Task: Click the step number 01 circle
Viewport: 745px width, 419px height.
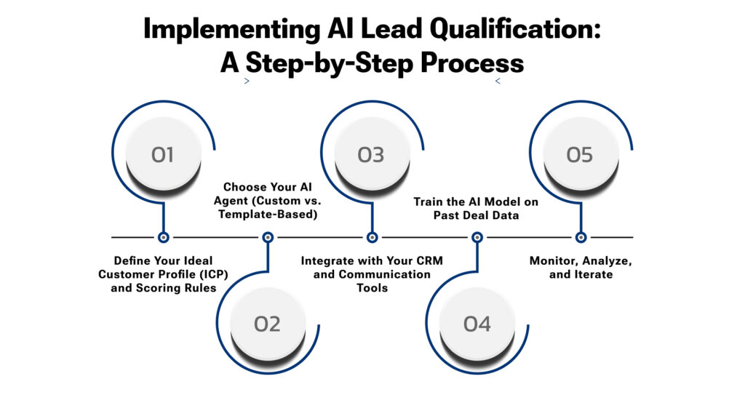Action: click(x=163, y=154)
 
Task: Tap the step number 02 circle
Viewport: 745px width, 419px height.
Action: click(x=267, y=323)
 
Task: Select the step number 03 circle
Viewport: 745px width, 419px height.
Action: click(x=370, y=154)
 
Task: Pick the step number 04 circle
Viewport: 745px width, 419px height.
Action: click(x=477, y=323)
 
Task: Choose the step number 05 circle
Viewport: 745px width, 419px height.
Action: click(x=580, y=154)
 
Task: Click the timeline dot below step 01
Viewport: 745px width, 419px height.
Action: click(x=163, y=237)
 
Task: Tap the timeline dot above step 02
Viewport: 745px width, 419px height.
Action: click(x=268, y=237)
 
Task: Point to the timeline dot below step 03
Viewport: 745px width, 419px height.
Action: click(x=372, y=237)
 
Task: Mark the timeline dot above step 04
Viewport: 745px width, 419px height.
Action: click(x=477, y=237)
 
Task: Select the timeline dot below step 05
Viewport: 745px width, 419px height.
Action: click(x=581, y=237)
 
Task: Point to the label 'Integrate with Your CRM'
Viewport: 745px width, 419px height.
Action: click(x=372, y=260)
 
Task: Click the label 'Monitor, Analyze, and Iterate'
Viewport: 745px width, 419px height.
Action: click(x=581, y=267)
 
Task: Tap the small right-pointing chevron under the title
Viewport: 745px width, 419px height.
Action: click(x=247, y=81)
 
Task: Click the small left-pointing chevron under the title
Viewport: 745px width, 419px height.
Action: click(x=498, y=81)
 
